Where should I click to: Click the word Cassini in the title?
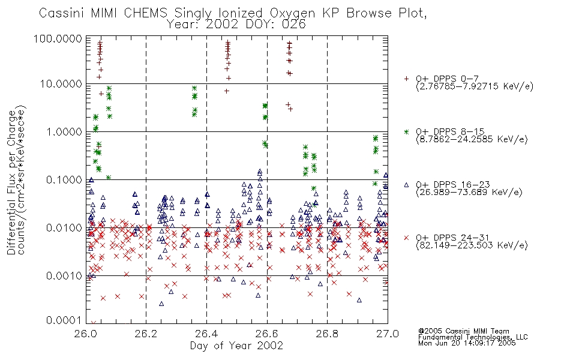point(62,13)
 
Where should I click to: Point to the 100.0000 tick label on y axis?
point(58,38)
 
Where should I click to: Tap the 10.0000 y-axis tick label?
point(61,84)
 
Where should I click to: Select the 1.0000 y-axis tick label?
point(64,131)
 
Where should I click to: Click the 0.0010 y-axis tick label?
point(64,275)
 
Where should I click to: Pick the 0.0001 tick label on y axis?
point(64,320)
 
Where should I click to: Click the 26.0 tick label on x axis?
point(85,334)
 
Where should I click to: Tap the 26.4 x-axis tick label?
point(206,334)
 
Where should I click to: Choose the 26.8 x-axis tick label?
point(327,334)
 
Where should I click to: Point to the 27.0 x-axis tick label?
point(388,334)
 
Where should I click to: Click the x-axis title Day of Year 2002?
point(236,346)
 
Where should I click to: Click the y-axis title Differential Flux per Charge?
point(11,182)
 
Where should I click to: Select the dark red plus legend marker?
point(406,79)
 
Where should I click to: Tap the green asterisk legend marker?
point(406,131)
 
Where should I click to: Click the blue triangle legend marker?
point(406,185)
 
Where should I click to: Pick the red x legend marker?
point(406,238)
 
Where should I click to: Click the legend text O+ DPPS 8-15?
point(451,131)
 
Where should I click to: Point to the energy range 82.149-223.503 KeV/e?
point(472,245)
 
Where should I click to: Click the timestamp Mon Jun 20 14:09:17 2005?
point(467,343)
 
